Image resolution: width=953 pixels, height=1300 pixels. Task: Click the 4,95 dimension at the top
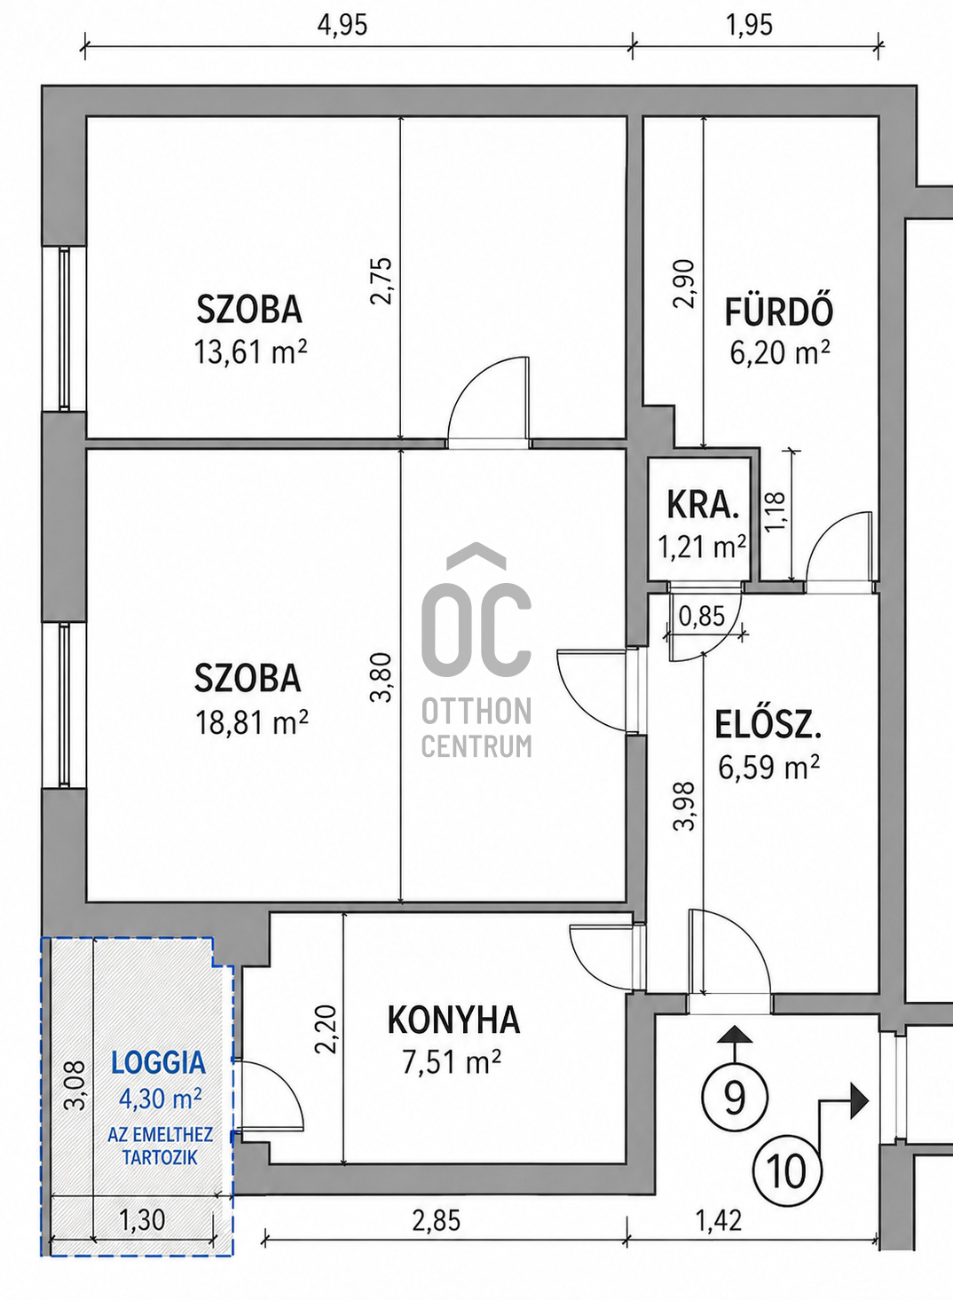[343, 26]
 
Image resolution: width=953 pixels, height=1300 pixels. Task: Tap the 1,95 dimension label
[749, 26]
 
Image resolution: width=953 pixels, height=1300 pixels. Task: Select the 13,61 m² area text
[250, 351]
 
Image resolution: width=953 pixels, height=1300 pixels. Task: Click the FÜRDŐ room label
[779, 311]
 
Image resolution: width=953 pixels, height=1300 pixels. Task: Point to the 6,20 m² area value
[779, 352]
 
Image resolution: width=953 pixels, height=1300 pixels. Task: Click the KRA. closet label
[702, 505]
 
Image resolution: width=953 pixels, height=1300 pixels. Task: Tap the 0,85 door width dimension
[702, 616]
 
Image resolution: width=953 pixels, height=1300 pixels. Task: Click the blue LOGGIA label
[159, 1063]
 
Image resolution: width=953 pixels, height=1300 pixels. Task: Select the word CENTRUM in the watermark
[476, 745]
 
